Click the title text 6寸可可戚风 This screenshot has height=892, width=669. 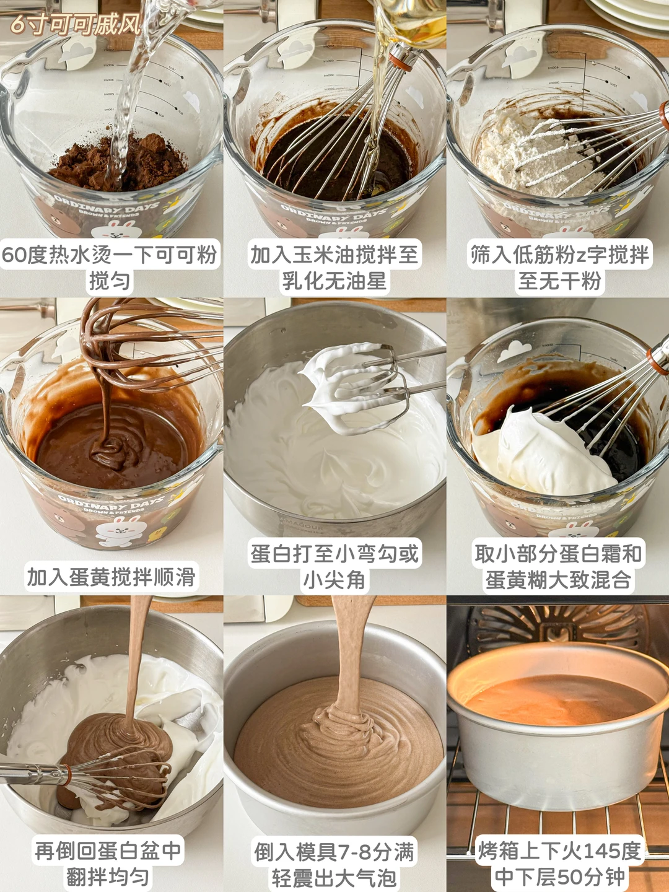[76, 24]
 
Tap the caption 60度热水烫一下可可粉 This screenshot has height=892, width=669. [110, 255]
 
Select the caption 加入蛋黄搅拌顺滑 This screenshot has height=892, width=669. [111, 577]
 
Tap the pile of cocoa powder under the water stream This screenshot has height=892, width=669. [117, 162]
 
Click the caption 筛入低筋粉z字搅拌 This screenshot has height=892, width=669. [560, 255]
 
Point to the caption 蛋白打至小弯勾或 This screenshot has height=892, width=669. [334, 554]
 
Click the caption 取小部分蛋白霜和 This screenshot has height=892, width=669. [559, 554]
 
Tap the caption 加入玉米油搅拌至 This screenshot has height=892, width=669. [334, 255]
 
